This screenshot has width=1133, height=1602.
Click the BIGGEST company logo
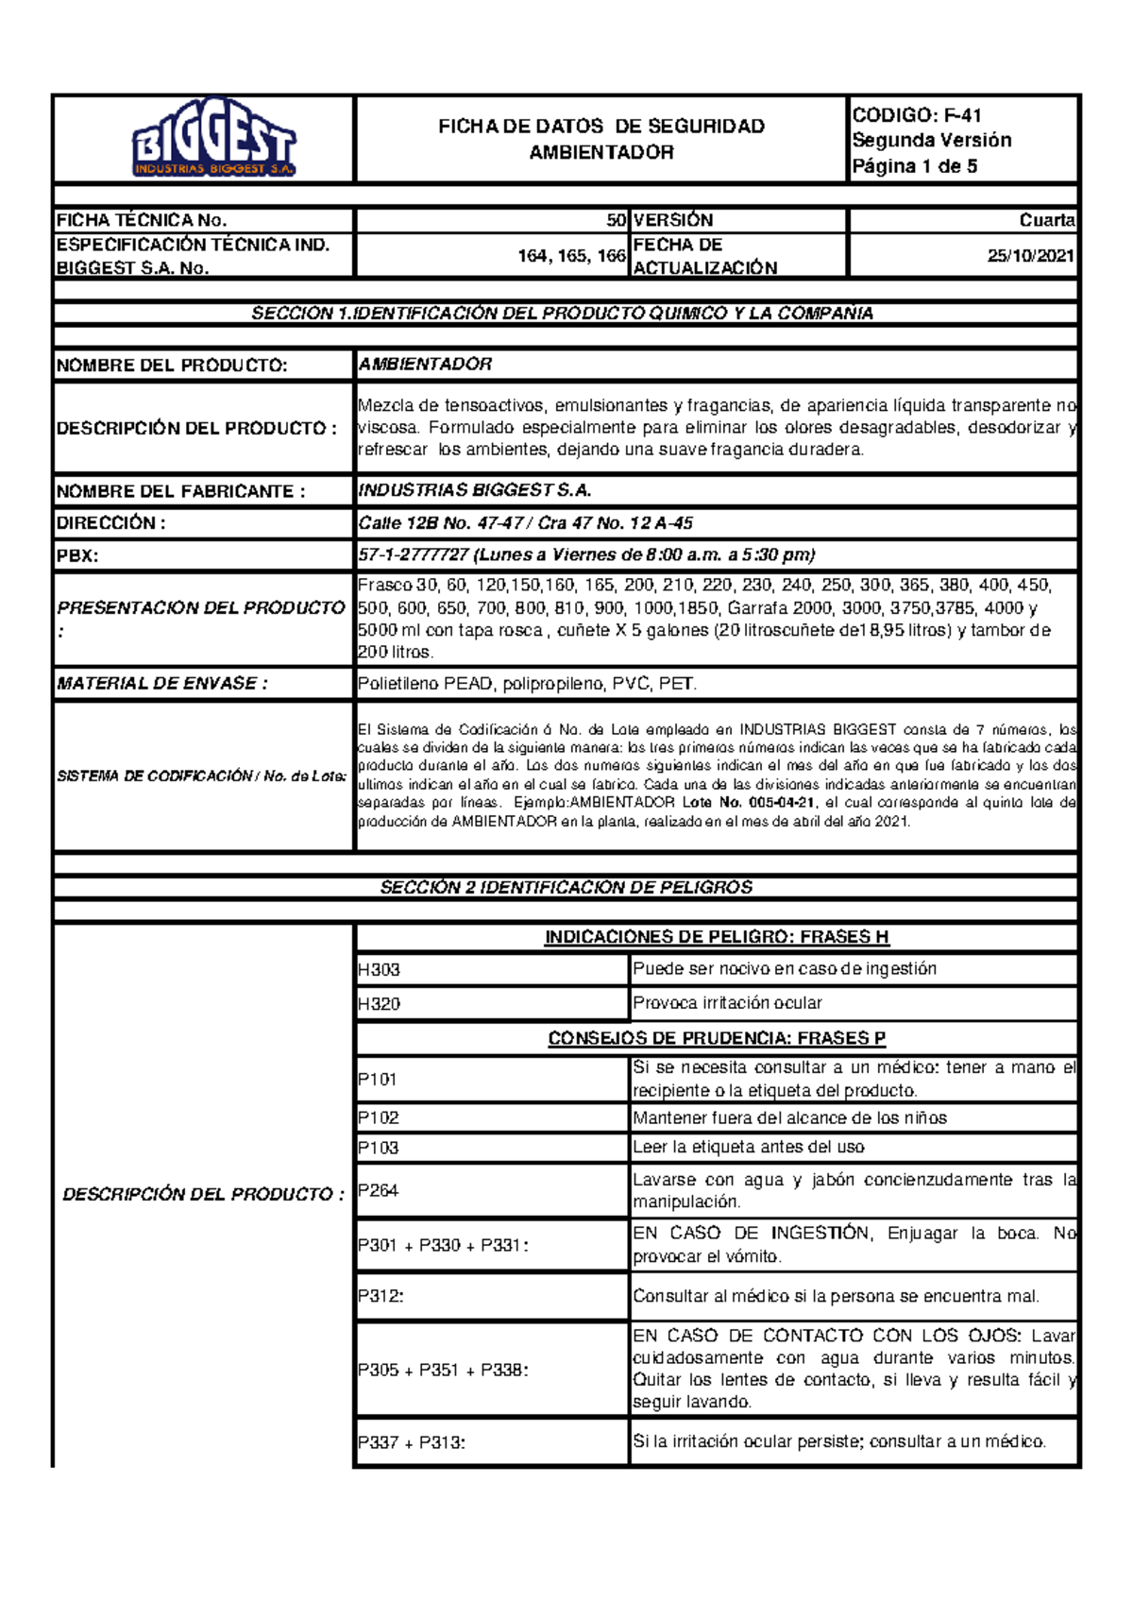click(x=214, y=139)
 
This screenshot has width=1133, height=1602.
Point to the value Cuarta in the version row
click(x=1047, y=220)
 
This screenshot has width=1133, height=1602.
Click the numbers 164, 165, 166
click(x=571, y=256)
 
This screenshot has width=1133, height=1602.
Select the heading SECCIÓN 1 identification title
click(x=563, y=313)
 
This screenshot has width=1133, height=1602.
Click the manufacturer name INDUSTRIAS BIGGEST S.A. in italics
click(x=475, y=490)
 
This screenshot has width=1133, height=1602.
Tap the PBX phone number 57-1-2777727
click(x=414, y=554)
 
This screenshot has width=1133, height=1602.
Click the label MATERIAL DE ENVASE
click(x=161, y=683)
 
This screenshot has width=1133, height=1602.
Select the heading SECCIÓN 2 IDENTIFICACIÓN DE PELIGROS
click(x=566, y=887)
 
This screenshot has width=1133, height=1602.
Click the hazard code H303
click(x=379, y=970)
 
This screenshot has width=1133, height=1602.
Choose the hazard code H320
click(x=379, y=1004)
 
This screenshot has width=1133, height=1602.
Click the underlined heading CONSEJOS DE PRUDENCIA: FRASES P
click(x=717, y=1038)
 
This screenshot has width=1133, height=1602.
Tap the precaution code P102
click(x=378, y=1118)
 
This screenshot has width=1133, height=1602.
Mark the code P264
click(x=378, y=1190)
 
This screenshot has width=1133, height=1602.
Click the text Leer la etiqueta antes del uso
click(x=749, y=1148)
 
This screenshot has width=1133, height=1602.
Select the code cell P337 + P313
click(x=412, y=1442)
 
